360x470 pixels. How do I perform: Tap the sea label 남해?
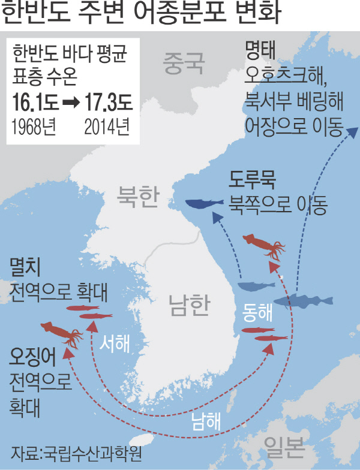(206, 419)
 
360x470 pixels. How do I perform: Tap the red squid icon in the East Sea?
(264, 245)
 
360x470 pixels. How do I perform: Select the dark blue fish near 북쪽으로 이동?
(204, 204)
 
